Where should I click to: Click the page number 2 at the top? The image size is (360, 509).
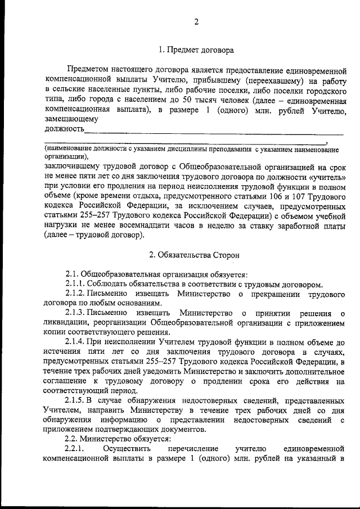(196, 22)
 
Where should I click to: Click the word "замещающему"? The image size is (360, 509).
(71, 119)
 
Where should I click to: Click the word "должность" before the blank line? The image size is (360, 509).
(64, 129)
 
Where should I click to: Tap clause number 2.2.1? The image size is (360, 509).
(74, 448)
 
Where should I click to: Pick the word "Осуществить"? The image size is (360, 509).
(127, 448)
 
